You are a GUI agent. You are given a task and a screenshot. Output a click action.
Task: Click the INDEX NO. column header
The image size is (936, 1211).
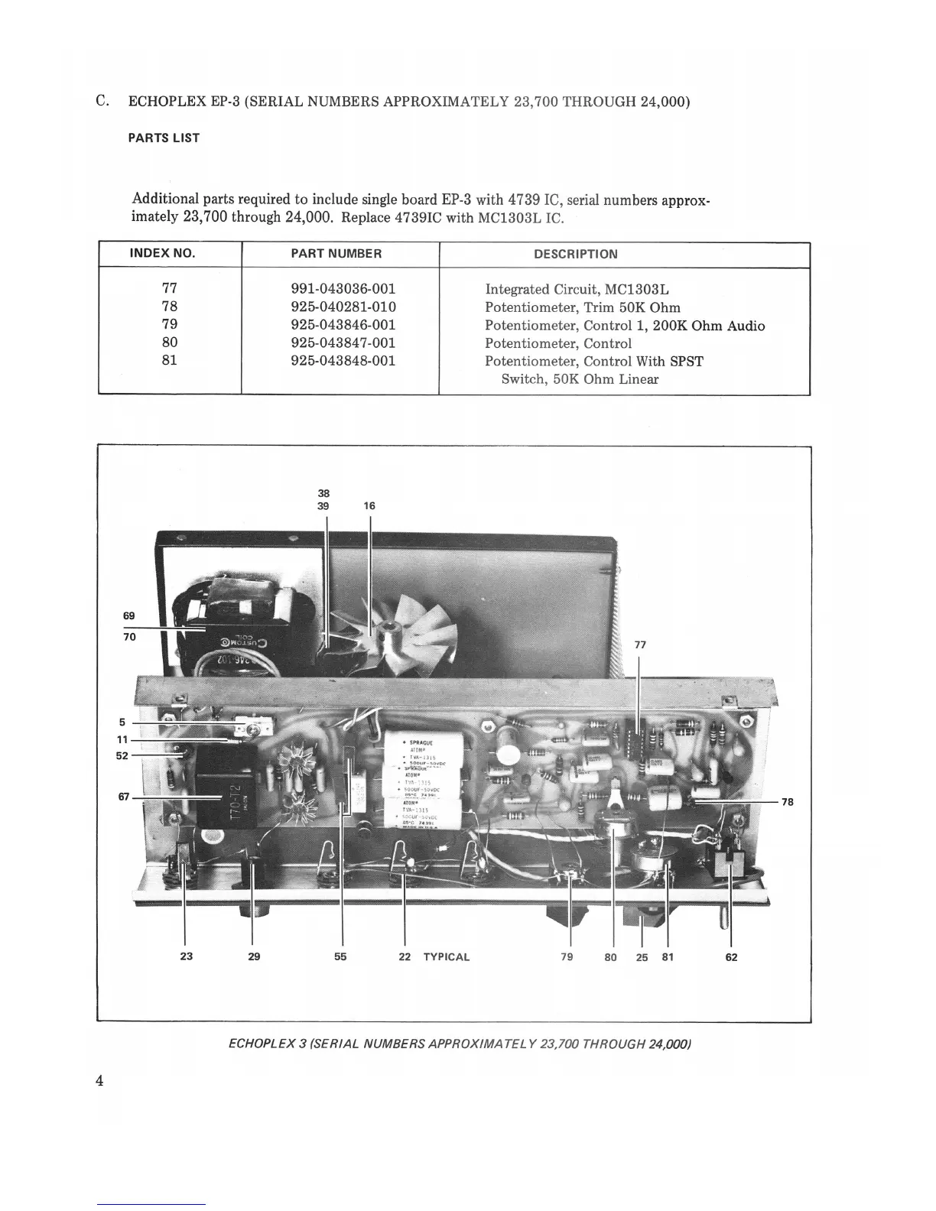point(162,254)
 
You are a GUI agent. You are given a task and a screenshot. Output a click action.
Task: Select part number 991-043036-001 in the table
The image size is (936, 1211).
point(343,289)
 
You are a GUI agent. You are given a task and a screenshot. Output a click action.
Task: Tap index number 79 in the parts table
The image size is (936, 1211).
point(170,325)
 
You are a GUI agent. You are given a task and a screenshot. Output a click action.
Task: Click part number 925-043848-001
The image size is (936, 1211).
point(343,361)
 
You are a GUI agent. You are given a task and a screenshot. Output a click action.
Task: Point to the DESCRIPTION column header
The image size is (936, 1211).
point(575,254)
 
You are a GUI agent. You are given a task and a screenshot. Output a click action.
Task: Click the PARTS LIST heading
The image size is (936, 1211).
point(164,138)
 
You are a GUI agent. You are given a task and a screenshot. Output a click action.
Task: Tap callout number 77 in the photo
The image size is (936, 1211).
point(640,644)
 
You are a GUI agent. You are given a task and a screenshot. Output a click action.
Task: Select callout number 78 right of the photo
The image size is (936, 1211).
point(788,801)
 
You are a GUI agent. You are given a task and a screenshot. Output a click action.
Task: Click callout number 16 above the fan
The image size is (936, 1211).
point(369,506)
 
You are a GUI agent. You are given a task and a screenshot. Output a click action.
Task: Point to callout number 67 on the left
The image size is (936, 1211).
point(123,797)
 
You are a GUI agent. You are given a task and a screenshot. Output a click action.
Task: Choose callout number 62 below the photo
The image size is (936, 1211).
point(731,957)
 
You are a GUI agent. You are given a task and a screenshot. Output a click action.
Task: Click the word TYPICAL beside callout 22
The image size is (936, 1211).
point(446,956)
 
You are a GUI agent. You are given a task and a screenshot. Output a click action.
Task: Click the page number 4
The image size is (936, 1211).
point(100,1080)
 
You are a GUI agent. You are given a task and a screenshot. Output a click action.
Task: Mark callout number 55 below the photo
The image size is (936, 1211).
point(340,956)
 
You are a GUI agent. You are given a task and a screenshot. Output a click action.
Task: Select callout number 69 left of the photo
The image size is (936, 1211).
point(128,615)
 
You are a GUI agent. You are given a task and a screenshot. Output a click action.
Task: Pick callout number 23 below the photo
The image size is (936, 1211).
point(186,956)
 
